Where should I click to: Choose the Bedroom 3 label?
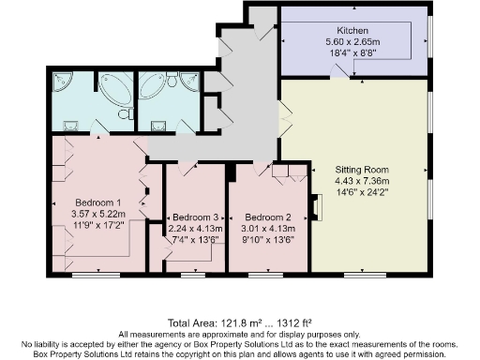tap(195, 217)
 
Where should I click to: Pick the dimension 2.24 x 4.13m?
tap(195, 228)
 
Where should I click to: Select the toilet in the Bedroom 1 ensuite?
tap(124, 114)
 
